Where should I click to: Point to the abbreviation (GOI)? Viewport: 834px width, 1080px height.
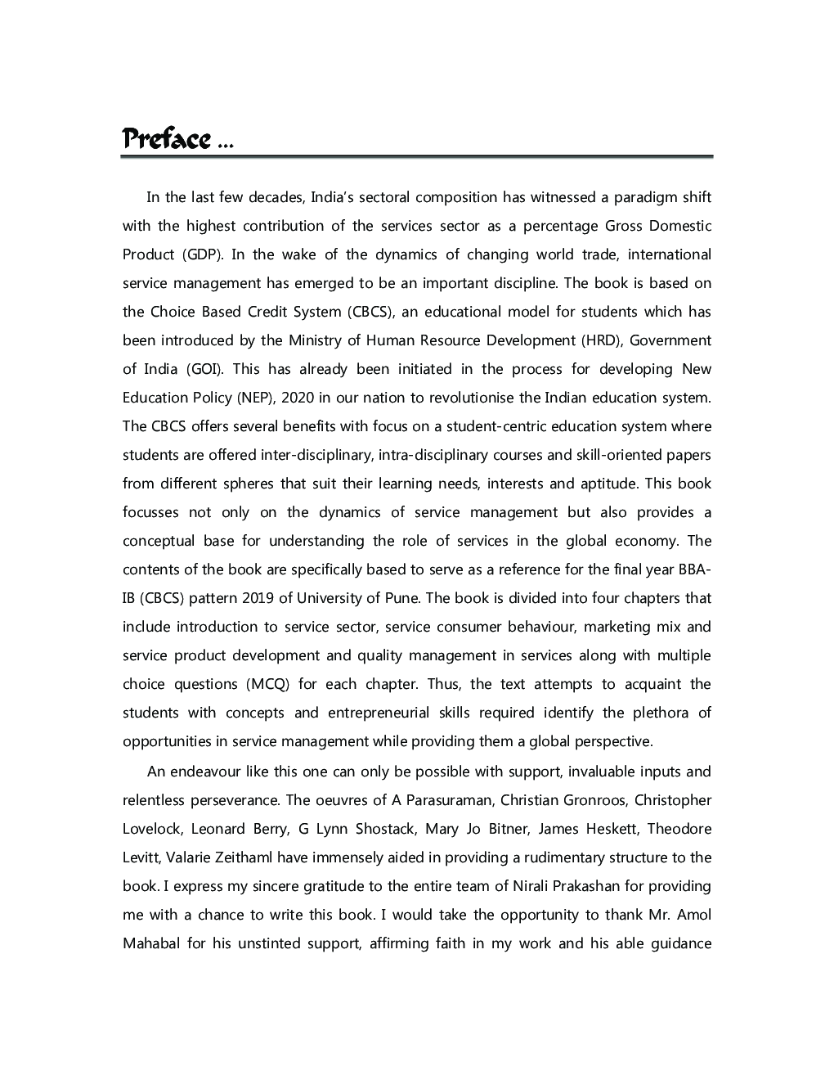click(x=204, y=369)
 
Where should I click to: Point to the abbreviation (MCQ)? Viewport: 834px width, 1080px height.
click(x=267, y=684)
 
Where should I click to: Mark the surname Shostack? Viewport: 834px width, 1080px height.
click(x=384, y=829)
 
